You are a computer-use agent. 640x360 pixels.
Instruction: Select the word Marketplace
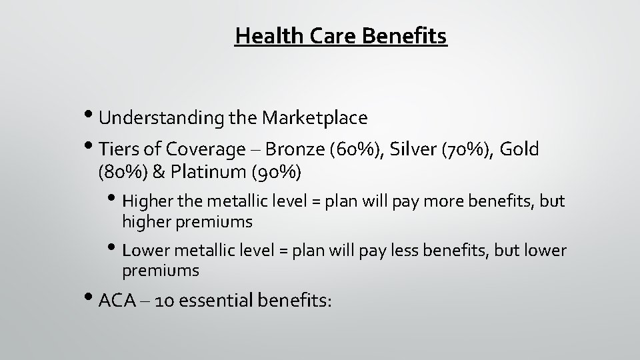pos(315,118)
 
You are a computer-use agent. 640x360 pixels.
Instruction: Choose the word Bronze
pos(293,149)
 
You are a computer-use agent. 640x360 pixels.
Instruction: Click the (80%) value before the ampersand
pos(119,173)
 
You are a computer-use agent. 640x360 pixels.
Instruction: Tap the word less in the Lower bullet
pos(414,251)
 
